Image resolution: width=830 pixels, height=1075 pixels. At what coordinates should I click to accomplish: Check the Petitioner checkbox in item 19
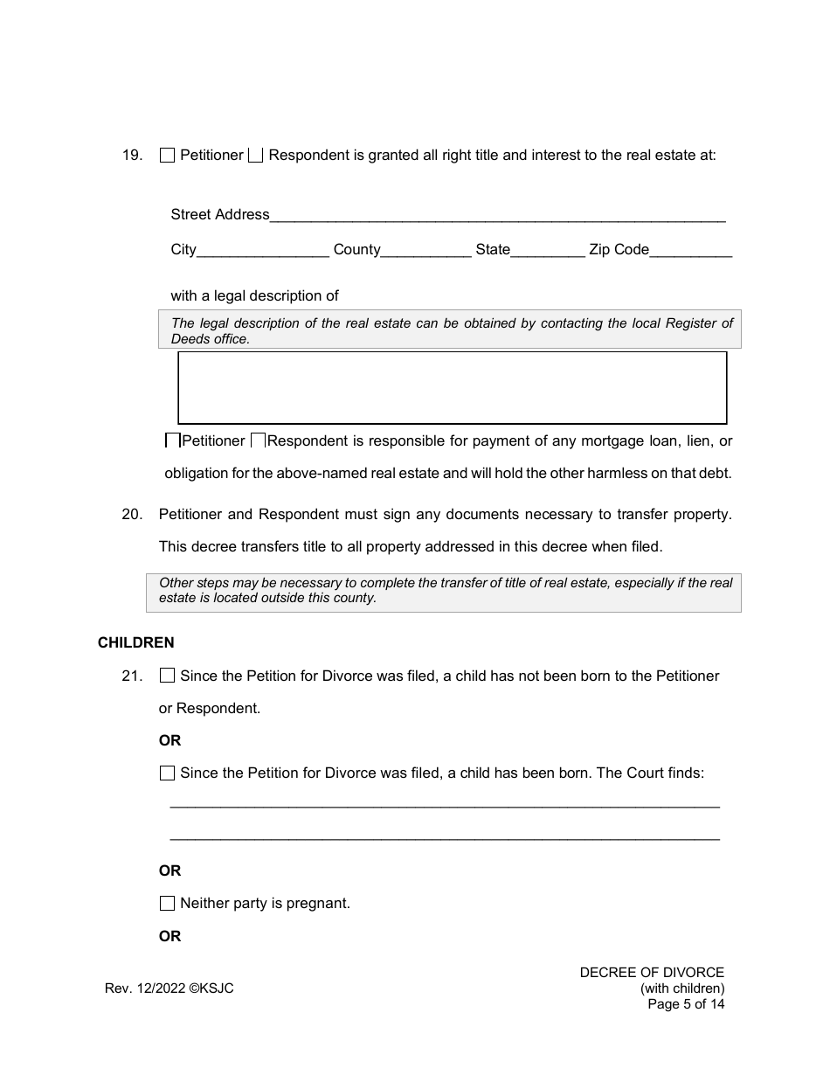[168, 156]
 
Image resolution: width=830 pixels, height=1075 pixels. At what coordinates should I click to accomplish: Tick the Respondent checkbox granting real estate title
[255, 156]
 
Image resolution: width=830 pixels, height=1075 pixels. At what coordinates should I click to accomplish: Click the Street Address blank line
[497, 216]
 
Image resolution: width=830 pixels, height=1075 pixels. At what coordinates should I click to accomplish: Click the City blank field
[263, 251]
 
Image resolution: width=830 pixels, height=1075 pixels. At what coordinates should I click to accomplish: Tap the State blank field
[547, 251]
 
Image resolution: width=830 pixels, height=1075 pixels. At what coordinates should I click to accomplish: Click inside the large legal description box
[452, 388]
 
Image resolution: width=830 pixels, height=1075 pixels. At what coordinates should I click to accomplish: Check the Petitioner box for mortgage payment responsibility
[173, 441]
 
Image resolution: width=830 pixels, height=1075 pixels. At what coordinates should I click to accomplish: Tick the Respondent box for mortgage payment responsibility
[259, 441]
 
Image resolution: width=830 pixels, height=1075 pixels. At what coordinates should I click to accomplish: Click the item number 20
[132, 515]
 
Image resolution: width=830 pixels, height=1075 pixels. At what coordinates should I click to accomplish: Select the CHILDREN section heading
[136, 643]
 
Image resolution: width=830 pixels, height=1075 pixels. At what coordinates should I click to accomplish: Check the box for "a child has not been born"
[168, 676]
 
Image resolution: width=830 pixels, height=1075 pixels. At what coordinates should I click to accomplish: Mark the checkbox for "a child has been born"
[168, 773]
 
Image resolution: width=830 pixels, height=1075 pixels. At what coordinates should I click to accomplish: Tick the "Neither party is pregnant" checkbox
[168, 904]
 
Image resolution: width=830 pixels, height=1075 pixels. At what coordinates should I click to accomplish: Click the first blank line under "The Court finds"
[444, 804]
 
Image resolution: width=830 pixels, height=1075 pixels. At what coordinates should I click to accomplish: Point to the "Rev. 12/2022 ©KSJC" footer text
[169, 988]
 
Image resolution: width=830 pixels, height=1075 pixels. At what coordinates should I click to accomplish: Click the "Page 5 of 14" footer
[686, 1004]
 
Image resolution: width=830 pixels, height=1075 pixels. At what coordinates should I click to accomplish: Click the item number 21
[132, 676]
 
